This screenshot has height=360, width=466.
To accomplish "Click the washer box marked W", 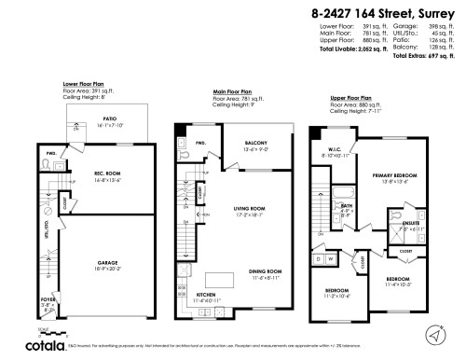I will (x=332, y=258).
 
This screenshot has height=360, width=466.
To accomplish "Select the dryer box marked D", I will (x=319, y=258).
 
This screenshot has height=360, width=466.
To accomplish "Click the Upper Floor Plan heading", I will (x=351, y=97).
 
